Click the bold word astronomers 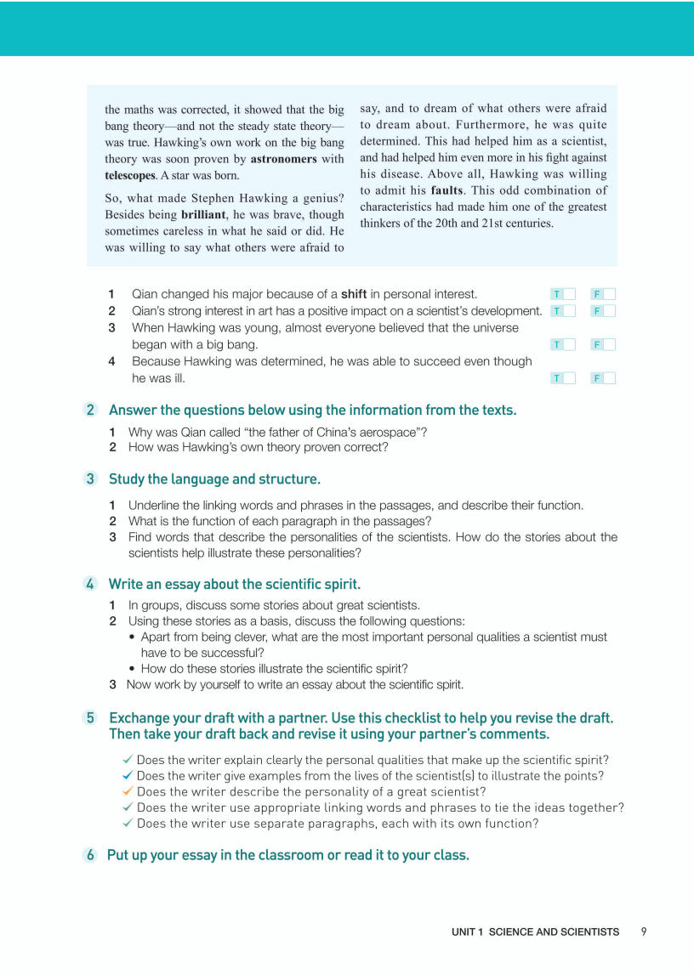coord(283,159)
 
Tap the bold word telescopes coord(130,175)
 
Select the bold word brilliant coord(208,215)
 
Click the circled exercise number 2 coord(90,410)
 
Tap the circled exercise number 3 coord(90,479)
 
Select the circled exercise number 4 coord(90,584)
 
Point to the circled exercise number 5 coord(90,718)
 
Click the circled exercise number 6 coord(90,855)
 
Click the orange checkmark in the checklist coord(128,791)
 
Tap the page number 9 coord(644,932)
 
